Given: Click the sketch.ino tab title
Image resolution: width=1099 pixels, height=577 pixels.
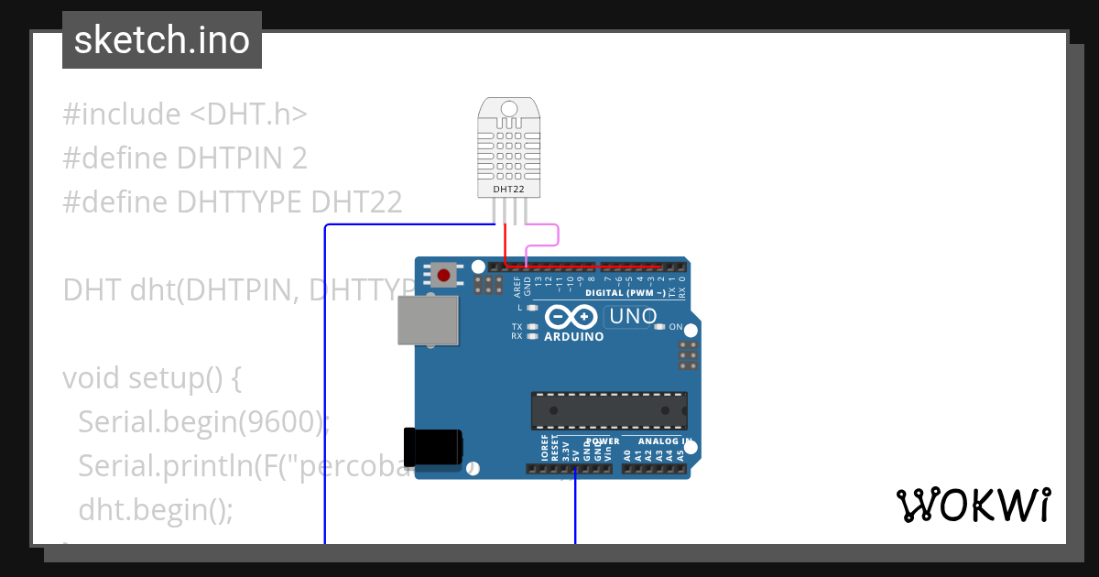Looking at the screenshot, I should pos(162,40).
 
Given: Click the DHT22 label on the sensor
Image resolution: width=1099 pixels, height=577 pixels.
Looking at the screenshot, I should pos(508,189).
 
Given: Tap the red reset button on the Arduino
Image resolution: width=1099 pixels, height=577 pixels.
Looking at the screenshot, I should pos(445,274).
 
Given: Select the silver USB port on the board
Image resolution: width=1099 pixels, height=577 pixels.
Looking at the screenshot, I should pos(428,320).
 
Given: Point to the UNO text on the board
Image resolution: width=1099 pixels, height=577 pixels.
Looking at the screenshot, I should pos(630,316).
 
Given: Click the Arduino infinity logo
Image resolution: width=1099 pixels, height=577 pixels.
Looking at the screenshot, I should pos(572,317).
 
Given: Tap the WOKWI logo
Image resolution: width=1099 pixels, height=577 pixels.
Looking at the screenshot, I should pos(973,505).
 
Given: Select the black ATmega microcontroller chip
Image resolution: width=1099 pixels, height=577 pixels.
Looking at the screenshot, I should pos(609,410).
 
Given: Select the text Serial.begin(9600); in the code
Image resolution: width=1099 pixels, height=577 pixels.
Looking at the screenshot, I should pos(203,422).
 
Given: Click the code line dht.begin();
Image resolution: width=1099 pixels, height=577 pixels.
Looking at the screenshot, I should pos(156,508).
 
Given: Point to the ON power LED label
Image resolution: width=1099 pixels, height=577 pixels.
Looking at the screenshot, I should pos(676,327).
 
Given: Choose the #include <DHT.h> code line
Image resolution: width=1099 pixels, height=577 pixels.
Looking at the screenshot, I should pos(185,114).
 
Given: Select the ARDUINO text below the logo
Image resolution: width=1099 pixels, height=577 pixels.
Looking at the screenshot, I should pos(574,336).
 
